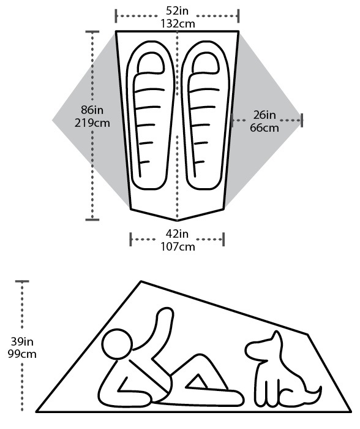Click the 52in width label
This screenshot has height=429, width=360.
[177, 10]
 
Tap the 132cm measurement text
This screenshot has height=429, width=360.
[178, 23]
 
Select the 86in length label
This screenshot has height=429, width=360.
[92, 110]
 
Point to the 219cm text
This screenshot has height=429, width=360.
[92, 123]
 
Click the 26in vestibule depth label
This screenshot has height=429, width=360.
[264, 115]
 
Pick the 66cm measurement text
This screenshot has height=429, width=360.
[264, 127]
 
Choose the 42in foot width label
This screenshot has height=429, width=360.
[177, 234]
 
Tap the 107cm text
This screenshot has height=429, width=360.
[178, 247]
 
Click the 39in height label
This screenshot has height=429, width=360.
[22, 341]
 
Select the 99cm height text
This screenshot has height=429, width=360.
[22, 354]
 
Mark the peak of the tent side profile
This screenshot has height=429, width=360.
[141, 281]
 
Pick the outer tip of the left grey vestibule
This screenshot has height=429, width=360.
[53, 120]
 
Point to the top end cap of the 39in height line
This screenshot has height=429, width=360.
[22, 281]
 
